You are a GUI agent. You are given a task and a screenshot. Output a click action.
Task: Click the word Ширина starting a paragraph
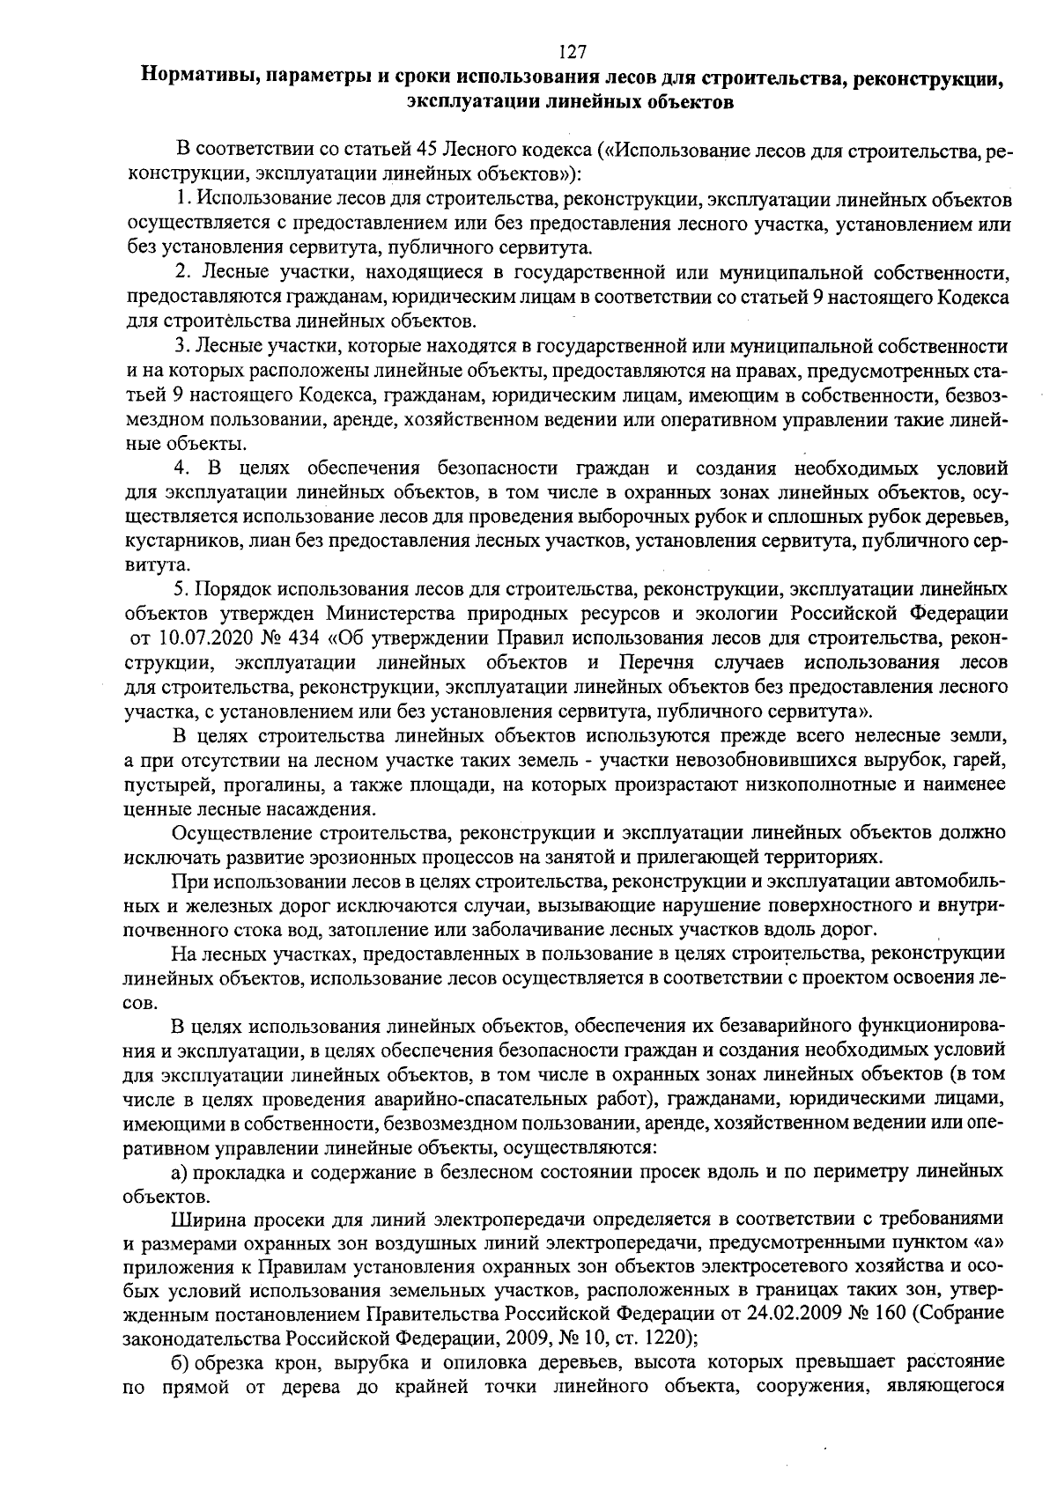(205, 1219)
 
